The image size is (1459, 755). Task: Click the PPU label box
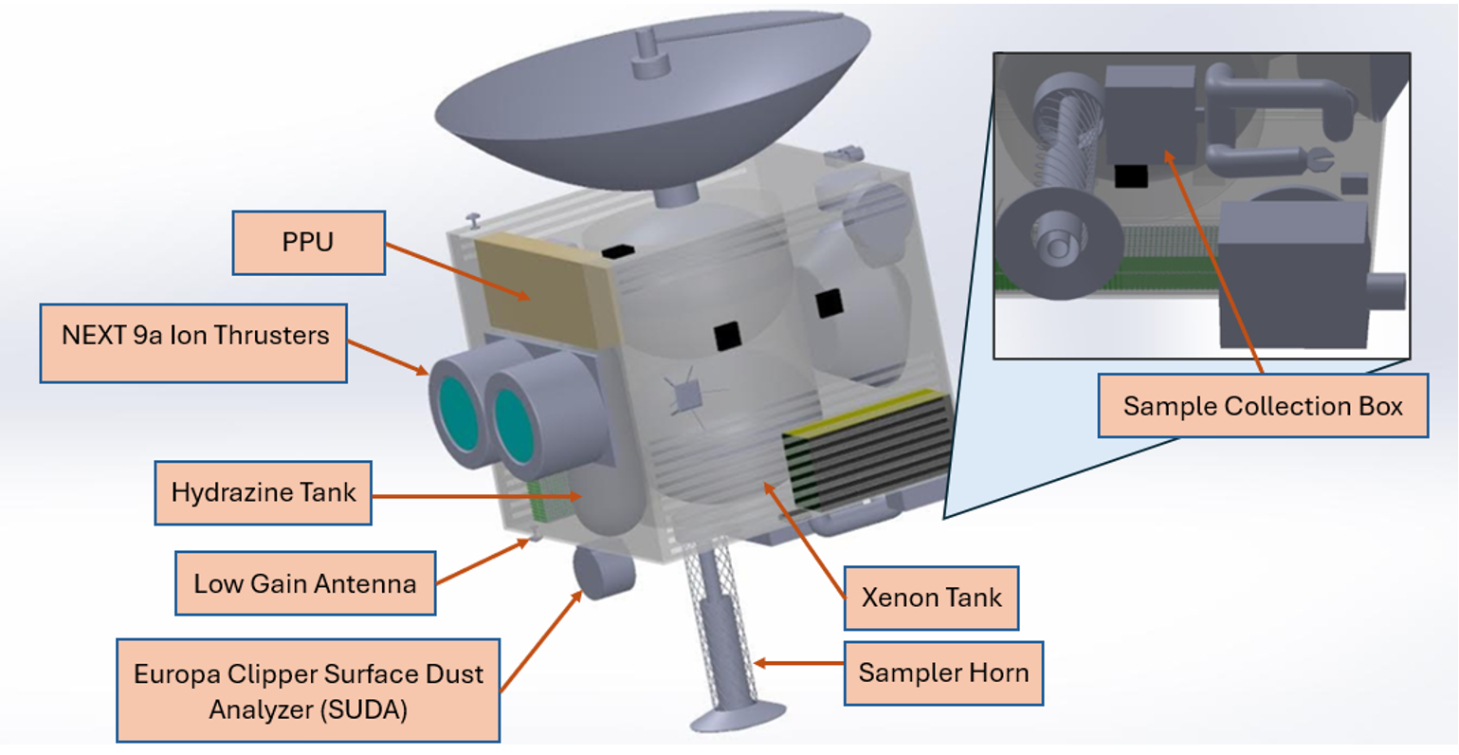click(308, 243)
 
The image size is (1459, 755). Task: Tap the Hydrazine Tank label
click(263, 492)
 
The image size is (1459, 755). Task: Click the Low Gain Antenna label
click(304, 583)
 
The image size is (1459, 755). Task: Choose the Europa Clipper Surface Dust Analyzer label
click(307, 691)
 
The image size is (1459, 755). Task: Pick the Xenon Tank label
click(930, 598)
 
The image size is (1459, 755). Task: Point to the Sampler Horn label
click(942, 673)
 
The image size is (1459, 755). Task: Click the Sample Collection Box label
click(1262, 406)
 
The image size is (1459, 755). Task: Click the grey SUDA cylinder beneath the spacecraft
click(601, 572)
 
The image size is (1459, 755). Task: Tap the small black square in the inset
click(1130, 176)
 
